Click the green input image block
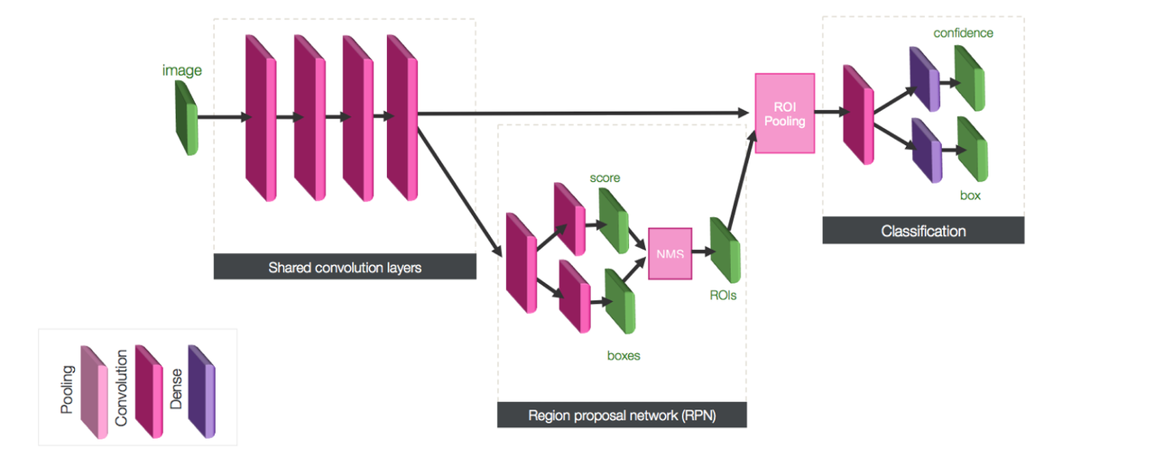(187, 118)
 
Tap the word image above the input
(182, 69)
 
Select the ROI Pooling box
(784, 113)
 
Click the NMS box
(670, 253)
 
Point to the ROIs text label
(724, 295)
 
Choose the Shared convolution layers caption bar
(345, 267)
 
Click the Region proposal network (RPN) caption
(622, 416)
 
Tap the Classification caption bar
(923, 232)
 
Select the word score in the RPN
(605, 178)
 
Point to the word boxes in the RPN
(623, 355)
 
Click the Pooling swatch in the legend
(94, 392)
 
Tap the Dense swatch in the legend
(201, 392)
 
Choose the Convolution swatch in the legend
(148, 392)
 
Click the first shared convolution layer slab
(260, 118)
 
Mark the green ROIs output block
(724, 251)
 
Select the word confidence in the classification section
(964, 33)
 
